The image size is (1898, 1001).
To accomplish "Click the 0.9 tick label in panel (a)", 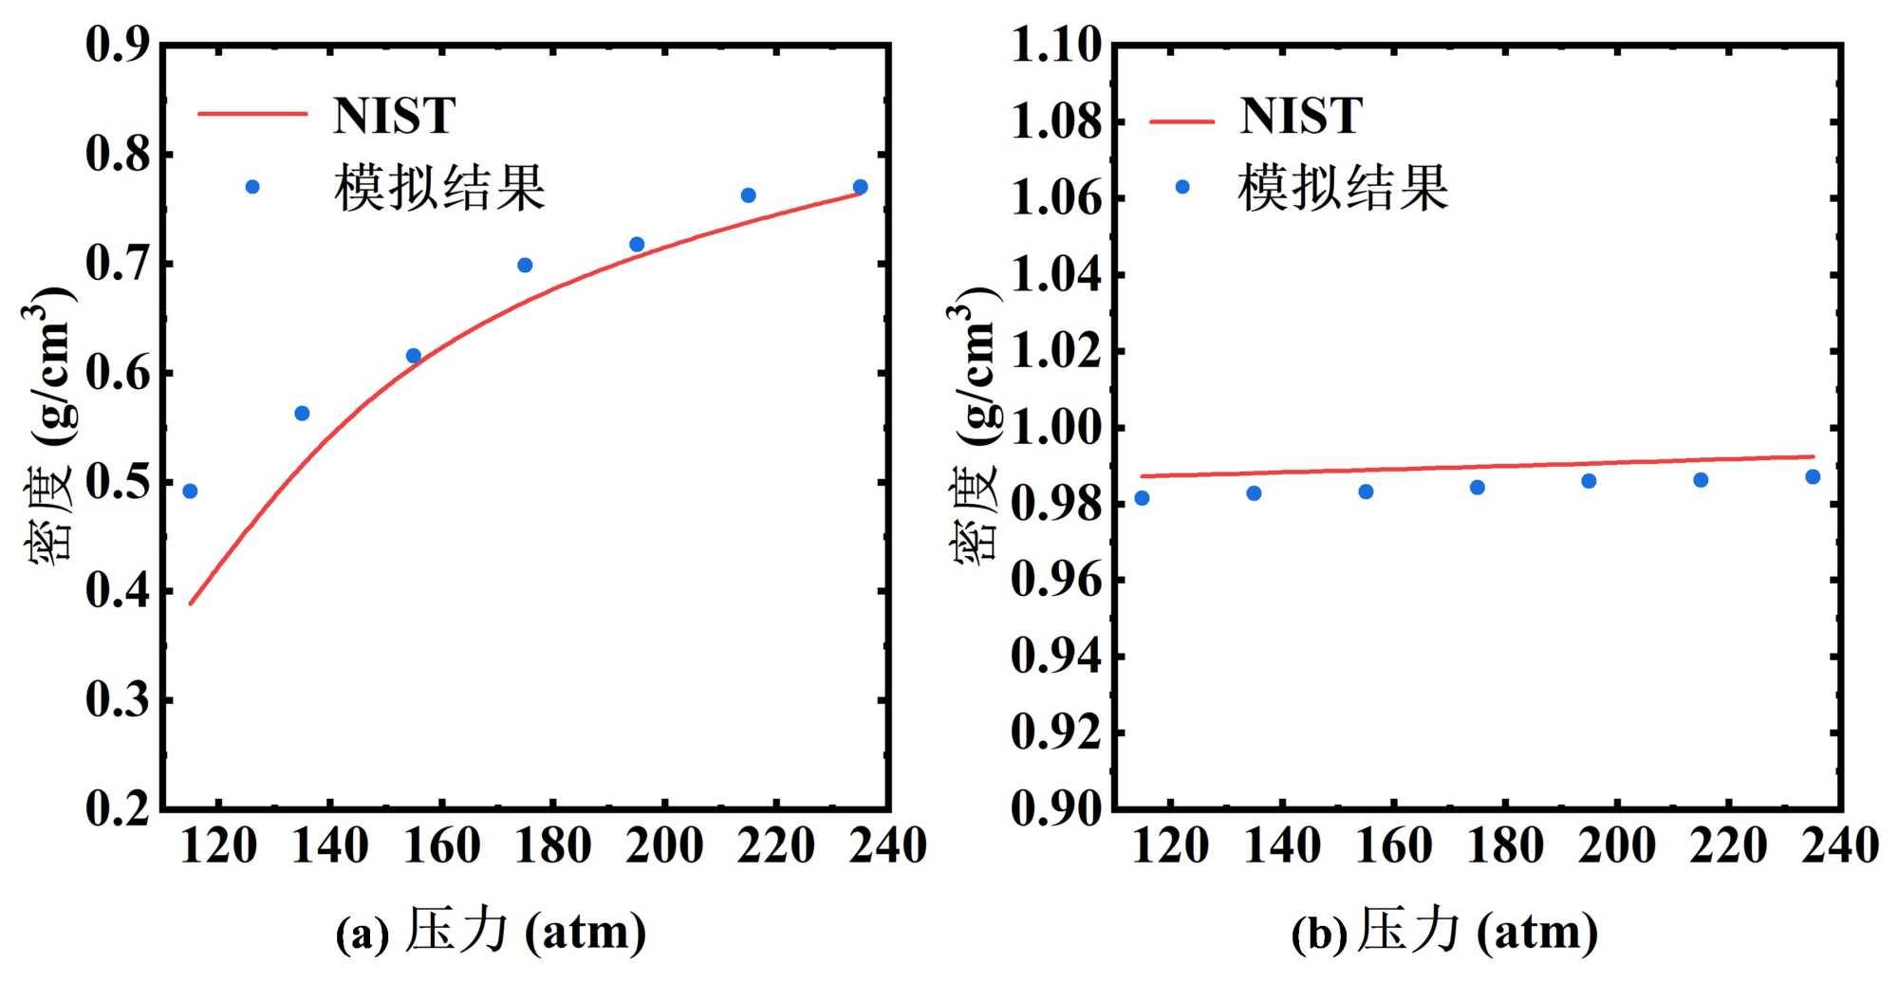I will click(x=118, y=45).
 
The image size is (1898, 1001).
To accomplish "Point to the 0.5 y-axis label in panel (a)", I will click(x=118, y=482).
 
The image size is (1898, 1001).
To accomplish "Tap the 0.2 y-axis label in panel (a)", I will click(x=118, y=808).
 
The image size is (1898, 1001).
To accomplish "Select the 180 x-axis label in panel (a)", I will click(x=553, y=845).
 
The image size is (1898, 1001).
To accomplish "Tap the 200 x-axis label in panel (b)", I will click(x=1617, y=845).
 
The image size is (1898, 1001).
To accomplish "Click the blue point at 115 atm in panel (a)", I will click(x=190, y=491).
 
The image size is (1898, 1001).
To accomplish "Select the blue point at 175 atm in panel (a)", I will click(x=525, y=265).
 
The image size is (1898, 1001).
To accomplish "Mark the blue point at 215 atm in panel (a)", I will click(x=748, y=195).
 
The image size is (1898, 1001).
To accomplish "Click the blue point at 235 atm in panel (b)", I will click(x=1813, y=476).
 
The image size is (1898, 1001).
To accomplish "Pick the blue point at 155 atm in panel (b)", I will click(x=1366, y=491).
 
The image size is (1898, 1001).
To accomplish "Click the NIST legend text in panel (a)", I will click(x=394, y=116).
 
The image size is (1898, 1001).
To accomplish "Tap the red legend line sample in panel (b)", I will click(x=1182, y=121).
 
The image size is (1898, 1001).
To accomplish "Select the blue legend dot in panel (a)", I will click(x=252, y=187).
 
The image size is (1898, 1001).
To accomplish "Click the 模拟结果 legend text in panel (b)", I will click(x=1343, y=187).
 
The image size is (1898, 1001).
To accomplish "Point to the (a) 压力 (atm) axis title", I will click(x=491, y=931).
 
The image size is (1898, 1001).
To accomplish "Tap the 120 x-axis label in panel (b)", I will click(x=1170, y=845).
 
